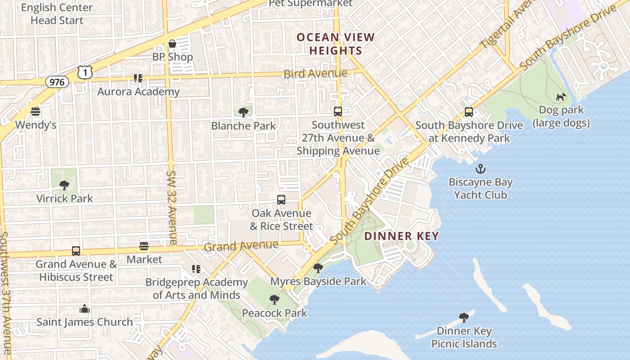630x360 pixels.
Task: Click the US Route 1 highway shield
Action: pyautogui.click(x=85, y=72)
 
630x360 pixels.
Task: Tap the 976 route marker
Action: pyautogui.click(x=57, y=82)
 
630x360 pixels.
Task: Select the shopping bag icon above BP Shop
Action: pyautogui.click(x=172, y=44)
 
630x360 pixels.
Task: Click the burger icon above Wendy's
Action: pyautogui.click(x=36, y=111)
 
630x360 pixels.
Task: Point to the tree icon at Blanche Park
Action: pyautogui.click(x=243, y=112)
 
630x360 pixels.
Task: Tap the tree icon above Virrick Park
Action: pyautogui.click(x=64, y=185)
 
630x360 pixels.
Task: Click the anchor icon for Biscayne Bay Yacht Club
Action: pyautogui.click(x=481, y=169)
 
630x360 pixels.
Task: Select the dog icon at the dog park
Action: pyautogui.click(x=561, y=97)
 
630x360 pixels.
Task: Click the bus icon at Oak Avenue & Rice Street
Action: pyautogui.click(x=281, y=200)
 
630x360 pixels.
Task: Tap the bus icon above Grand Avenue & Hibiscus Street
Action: pyautogui.click(x=76, y=251)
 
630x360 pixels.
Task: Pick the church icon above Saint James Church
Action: pyautogui.click(x=85, y=309)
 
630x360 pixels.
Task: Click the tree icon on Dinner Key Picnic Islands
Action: pyautogui.click(x=464, y=318)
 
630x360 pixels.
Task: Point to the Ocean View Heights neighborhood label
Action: pyautogui.click(x=336, y=44)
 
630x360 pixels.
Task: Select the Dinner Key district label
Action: pyautogui.click(x=401, y=236)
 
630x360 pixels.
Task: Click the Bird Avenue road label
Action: pyautogui.click(x=315, y=73)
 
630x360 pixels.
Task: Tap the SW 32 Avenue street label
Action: pyautogui.click(x=171, y=207)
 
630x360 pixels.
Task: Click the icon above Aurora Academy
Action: pyautogui.click(x=138, y=78)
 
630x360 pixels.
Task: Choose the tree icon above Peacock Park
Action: pyautogui.click(x=274, y=300)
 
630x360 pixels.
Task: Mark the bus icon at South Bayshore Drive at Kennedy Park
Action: pyautogui.click(x=469, y=112)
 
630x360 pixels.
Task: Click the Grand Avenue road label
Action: pyautogui.click(x=241, y=246)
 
